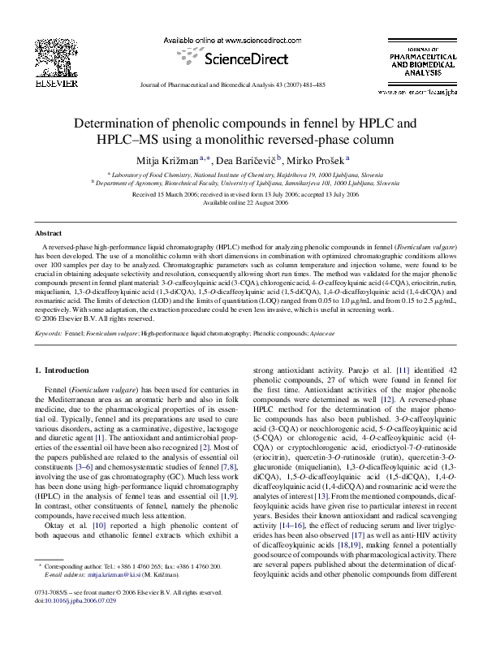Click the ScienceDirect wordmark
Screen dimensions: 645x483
point(241,58)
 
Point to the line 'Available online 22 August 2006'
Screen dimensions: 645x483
point(241,202)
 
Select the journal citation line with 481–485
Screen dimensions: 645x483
point(241,84)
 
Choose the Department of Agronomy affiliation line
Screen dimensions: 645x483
point(241,184)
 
